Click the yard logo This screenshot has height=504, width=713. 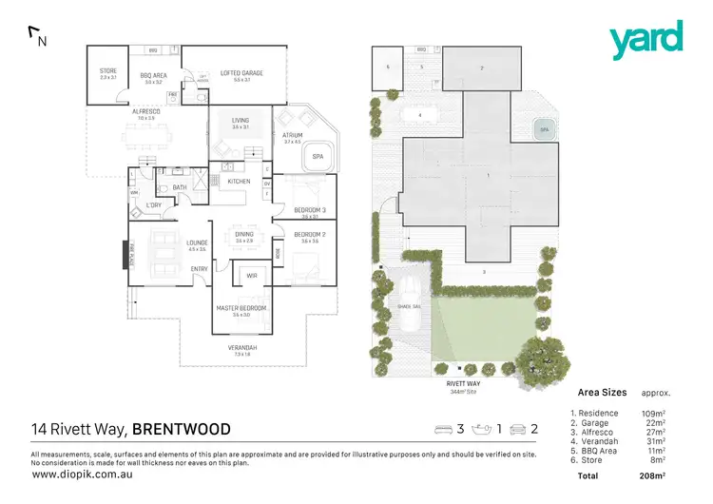pyautogui.click(x=646, y=39)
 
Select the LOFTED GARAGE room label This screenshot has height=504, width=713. pyautogui.click(x=241, y=72)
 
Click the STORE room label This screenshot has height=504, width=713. pyautogui.click(x=107, y=71)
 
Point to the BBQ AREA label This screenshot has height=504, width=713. pyautogui.click(x=153, y=76)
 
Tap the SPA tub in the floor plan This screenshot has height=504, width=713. pyautogui.click(x=315, y=159)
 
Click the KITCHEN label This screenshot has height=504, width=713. pyautogui.click(x=239, y=181)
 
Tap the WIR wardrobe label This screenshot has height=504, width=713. pyautogui.click(x=252, y=277)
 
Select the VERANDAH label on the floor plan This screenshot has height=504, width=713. pyautogui.click(x=242, y=347)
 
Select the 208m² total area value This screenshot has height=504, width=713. pyautogui.click(x=651, y=474)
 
